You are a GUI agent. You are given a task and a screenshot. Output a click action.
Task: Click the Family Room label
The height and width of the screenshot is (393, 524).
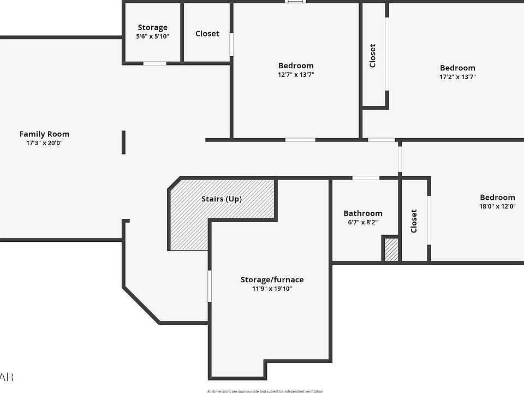[44, 134]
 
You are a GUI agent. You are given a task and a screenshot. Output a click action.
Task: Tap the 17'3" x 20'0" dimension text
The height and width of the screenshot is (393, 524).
[44, 143]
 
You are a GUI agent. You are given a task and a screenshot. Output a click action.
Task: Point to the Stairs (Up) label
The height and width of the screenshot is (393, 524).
[222, 199]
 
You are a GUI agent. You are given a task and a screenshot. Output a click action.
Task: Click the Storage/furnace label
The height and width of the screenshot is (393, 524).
[272, 279]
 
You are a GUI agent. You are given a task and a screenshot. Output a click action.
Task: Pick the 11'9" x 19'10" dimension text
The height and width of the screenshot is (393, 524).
[272, 289]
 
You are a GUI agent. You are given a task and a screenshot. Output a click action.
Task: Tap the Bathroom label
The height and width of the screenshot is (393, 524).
[363, 213]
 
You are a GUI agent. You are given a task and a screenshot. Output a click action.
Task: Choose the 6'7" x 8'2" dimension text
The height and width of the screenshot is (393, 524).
[363, 223]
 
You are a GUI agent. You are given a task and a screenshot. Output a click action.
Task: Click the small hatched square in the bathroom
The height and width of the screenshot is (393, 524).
[391, 249]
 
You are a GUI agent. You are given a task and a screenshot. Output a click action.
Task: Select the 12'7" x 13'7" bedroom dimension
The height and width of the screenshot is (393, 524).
[296, 75]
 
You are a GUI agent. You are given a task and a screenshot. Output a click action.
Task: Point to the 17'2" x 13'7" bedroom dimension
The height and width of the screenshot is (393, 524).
[457, 77]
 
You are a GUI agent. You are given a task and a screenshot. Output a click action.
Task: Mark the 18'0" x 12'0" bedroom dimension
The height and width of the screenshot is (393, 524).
[497, 206]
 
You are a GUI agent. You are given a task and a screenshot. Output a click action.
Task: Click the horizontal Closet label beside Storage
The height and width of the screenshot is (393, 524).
[207, 33]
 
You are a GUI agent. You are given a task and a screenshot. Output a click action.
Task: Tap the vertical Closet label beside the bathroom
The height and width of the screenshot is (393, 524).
[414, 221]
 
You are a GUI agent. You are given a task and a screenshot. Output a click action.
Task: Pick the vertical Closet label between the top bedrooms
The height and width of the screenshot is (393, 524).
[373, 55]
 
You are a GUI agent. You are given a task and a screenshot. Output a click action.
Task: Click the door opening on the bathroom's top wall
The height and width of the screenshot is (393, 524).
[366, 178]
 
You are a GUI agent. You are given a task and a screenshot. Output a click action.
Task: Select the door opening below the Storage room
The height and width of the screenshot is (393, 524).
[155, 63]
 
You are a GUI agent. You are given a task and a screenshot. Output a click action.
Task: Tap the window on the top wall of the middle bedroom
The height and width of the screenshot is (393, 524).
[295, 2]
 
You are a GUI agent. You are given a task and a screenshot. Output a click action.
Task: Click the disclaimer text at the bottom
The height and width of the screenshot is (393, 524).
[265, 391]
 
